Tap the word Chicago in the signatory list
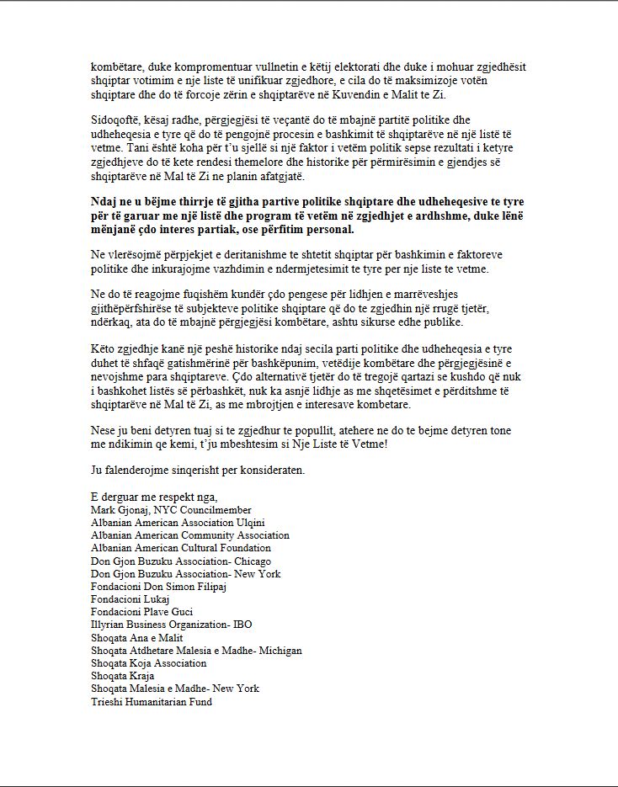[252, 561]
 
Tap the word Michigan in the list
[280, 651]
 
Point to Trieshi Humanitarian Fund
[151, 701]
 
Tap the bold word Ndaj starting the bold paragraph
[103, 202]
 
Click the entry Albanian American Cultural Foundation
[180, 548]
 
